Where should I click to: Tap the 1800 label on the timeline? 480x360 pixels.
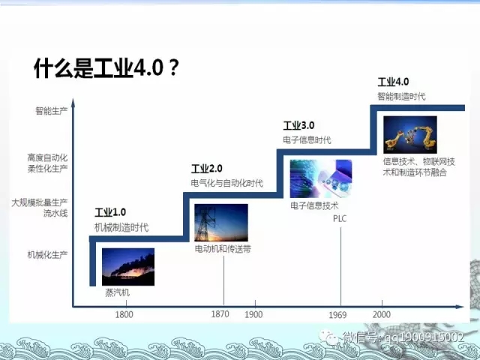click(124, 314)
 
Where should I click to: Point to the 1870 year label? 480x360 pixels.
click(220, 314)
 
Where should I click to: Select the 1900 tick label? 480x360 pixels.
click(253, 314)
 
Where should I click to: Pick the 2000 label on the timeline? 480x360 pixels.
click(381, 314)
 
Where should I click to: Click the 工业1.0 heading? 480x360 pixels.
click(110, 212)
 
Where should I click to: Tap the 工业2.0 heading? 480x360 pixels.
click(207, 168)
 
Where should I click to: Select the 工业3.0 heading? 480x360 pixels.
click(298, 125)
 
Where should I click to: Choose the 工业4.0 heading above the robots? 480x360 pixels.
click(393, 82)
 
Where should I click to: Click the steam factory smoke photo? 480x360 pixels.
click(127, 266)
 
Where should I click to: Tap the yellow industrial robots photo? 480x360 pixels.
click(409, 134)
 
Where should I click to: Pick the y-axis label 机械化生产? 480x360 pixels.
click(47, 254)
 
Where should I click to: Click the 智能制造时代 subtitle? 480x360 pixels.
click(401, 96)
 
